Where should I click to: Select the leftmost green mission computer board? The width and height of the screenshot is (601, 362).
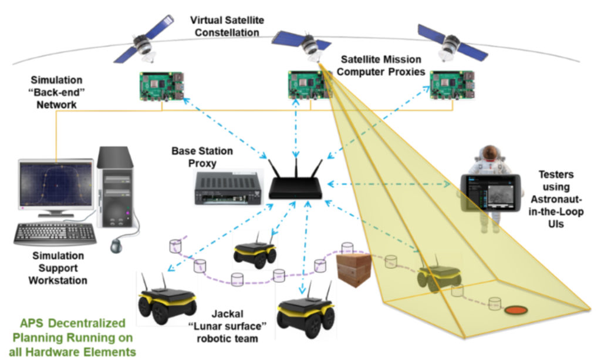click(158, 85)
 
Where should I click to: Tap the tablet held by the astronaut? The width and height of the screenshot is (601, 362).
click(492, 194)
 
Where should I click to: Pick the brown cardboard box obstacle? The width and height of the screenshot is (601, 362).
click(354, 270)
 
